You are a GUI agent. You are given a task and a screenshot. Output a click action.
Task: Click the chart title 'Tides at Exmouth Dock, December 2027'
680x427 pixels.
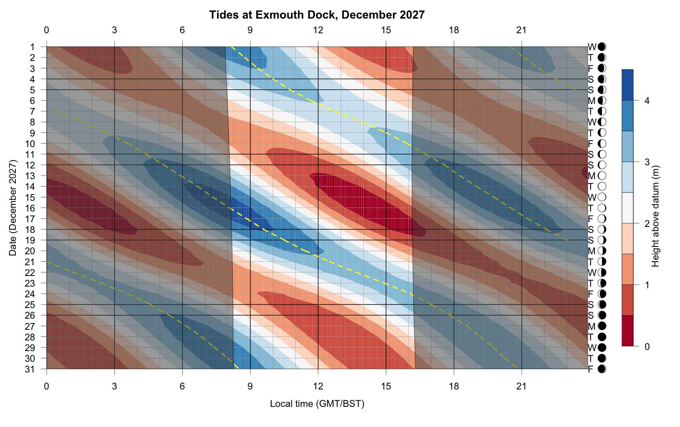(x=317, y=15)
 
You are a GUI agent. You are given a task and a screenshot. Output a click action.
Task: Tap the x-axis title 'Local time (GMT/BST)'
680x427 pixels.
(x=317, y=404)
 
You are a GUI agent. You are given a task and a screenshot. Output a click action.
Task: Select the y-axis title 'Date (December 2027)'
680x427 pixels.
(x=13, y=208)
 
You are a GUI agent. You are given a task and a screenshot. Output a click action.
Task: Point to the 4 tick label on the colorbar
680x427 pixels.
(x=647, y=101)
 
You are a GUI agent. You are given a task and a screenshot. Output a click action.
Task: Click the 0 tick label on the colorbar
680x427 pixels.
(x=647, y=347)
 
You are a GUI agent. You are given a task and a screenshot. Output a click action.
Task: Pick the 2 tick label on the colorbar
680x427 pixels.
(x=647, y=224)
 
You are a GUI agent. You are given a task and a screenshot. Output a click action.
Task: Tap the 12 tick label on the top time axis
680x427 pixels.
(x=318, y=30)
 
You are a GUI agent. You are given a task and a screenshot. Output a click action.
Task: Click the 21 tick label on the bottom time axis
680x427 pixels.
(x=521, y=386)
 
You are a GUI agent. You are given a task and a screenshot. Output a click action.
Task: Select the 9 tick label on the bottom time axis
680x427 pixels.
(x=250, y=386)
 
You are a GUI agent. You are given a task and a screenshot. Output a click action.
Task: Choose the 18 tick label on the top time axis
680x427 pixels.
(x=454, y=30)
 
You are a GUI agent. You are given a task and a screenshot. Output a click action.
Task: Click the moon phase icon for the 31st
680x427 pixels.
(x=602, y=369)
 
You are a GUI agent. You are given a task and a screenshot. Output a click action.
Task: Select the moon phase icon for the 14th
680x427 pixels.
(x=602, y=187)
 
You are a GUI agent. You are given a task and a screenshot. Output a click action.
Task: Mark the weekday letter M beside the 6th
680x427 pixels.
(x=591, y=101)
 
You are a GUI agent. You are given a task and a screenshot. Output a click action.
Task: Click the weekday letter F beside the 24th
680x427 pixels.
(x=591, y=294)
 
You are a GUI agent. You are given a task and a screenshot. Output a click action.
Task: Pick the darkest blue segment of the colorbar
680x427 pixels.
(x=627, y=85)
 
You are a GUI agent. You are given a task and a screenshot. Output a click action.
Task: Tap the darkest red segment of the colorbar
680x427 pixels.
(x=627, y=331)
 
